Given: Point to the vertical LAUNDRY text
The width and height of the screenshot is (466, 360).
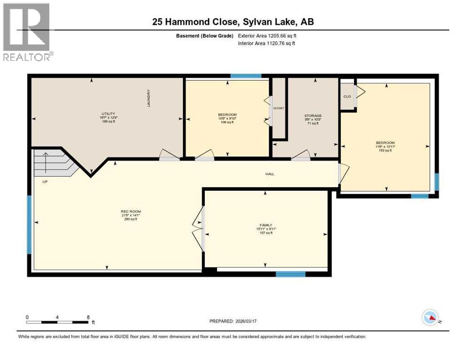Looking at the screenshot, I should point(148,98).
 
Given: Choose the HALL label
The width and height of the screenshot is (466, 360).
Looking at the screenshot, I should point(270,174).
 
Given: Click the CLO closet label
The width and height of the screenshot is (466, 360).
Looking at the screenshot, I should point(347,97).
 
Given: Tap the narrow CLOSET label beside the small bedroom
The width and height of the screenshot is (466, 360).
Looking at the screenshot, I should point(279,108).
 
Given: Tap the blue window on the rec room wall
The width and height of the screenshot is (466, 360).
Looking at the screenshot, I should point(30,225).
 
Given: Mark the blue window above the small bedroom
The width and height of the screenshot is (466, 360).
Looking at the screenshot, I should point(246,76).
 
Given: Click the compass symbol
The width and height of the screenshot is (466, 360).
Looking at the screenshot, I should point(430,318).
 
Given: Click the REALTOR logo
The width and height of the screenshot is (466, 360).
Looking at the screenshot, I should point(27,31).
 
